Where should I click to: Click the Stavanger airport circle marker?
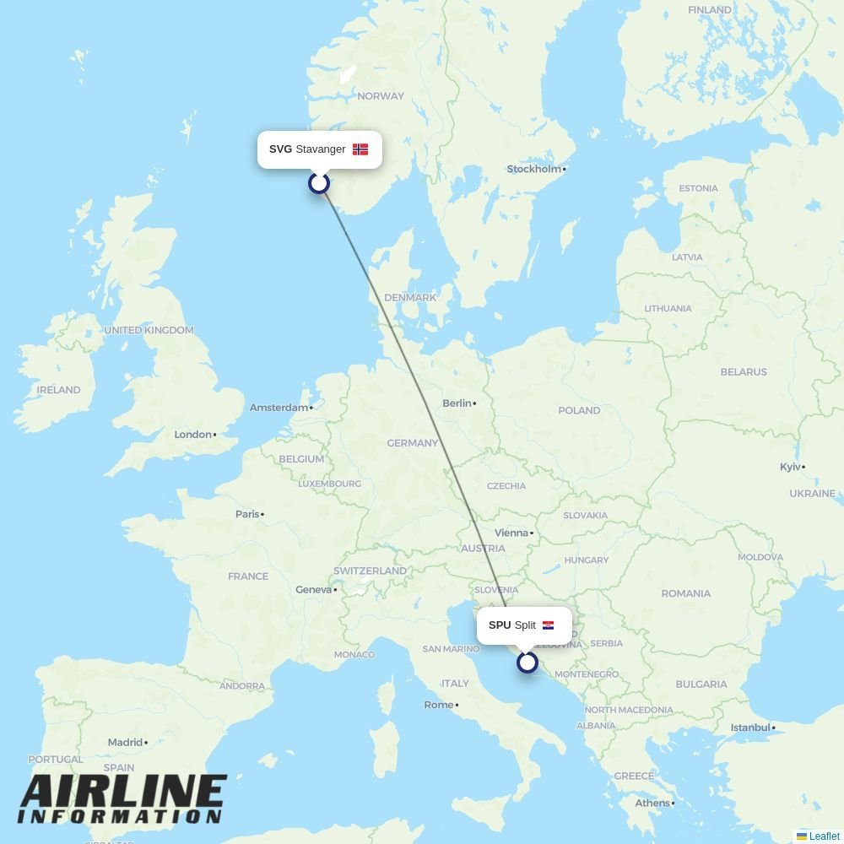[x=319, y=182]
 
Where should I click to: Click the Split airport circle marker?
[x=527, y=663]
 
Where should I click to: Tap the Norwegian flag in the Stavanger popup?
[x=360, y=149]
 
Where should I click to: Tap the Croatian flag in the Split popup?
[x=549, y=625]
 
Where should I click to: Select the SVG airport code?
[x=280, y=149]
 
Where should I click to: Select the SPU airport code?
[x=500, y=625]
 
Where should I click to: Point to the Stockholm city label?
[x=534, y=169]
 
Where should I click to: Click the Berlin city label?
[x=457, y=403]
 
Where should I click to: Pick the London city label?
[x=192, y=435]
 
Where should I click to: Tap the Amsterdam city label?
[x=279, y=408]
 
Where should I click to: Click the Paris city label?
[x=247, y=514]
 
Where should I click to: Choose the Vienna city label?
[x=511, y=533]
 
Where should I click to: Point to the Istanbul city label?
[x=750, y=728]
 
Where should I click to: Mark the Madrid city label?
[x=125, y=743]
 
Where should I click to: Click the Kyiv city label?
[x=790, y=467]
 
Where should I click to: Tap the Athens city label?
[x=652, y=803]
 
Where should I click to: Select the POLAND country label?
[x=579, y=410]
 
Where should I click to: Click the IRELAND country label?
[x=58, y=390]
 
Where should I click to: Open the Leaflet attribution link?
[x=824, y=836]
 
